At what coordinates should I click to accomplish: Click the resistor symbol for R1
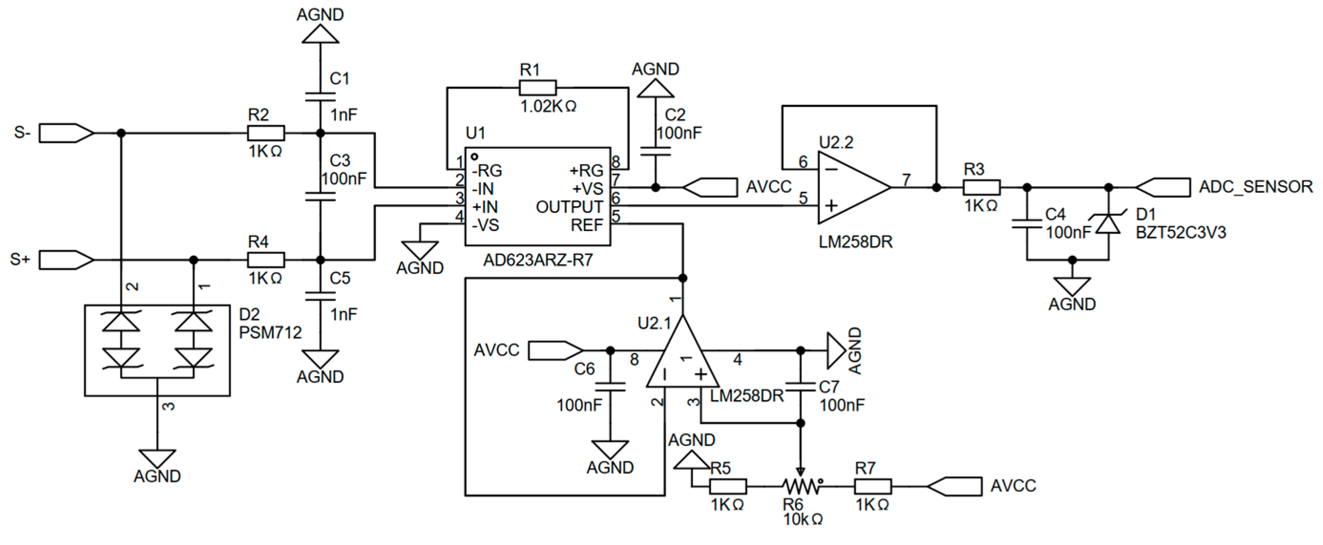tap(537, 88)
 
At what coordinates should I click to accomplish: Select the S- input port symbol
tap(66, 133)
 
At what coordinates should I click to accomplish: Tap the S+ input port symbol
tap(66, 260)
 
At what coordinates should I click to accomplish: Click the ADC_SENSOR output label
tap(1255, 187)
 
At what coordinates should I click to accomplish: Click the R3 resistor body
tap(981, 188)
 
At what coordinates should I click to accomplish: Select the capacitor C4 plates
tap(1027, 224)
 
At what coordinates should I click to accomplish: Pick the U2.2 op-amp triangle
tap(850, 188)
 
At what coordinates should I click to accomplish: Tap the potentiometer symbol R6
tap(801, 485)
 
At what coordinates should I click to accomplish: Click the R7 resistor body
tap(873, 486)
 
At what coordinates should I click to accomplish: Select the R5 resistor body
tap(728, 486)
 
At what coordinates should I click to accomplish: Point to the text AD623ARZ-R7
tap(538, 261)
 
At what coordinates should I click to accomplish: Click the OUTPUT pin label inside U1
tap(569, 207)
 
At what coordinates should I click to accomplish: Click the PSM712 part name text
tap(270, 333)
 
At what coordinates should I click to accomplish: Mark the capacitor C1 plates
tap(320, 97)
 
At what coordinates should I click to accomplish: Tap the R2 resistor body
tap(266, 133)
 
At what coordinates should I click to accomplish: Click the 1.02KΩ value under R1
tap(548, 106)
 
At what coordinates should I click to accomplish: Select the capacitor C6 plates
tap(610, 387)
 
